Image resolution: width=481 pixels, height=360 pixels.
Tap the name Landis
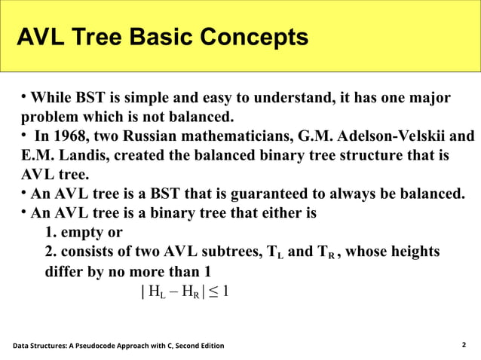[76, 157]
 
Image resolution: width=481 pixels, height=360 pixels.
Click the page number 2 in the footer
[464, 345]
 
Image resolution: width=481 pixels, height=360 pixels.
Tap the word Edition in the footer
[208, 346]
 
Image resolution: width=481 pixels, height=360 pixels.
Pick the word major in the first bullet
[431, 99]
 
